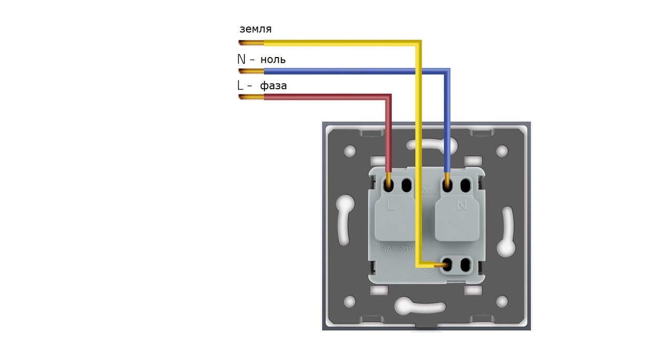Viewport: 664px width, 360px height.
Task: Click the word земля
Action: click(255, 29)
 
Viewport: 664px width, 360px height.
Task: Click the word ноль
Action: click(273, 60)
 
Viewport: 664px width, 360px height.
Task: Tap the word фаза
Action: click(273, 86)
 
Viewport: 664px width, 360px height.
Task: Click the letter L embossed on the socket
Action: click(391, 206)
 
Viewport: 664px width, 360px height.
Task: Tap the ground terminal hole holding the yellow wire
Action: click(445, 266)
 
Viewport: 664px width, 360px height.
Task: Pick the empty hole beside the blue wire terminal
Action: click(465, 184)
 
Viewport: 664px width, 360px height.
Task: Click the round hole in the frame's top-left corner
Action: click(350, 151)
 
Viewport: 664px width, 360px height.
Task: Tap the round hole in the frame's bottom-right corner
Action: click(502, 301)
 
